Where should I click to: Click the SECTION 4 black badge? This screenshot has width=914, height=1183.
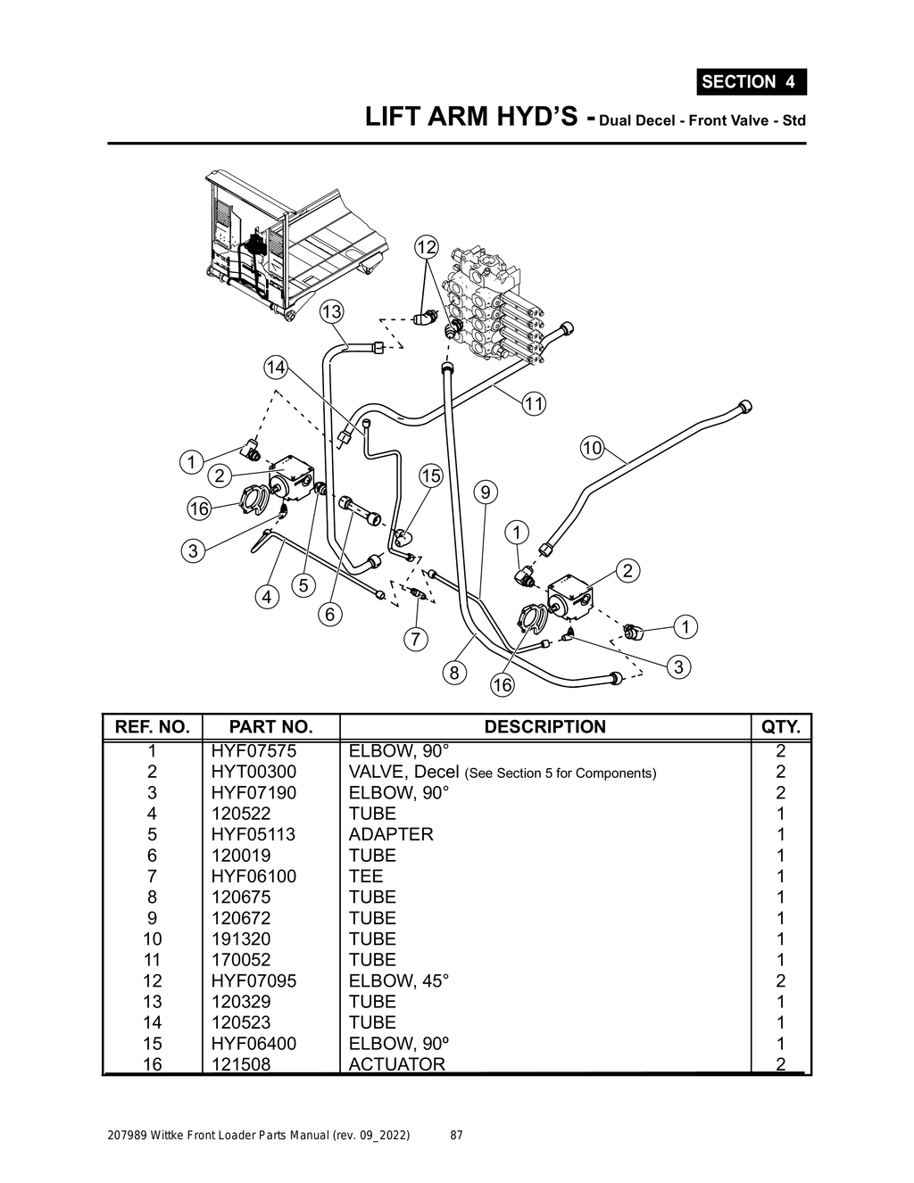click(x=751, y=81)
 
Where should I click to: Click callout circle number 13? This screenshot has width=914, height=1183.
click(x=331, y=311)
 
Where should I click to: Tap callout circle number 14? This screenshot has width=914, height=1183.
click(x=276, y=367)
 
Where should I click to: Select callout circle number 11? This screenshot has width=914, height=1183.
click(x=533, y=403)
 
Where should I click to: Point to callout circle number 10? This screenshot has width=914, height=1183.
click(x=592, y=447)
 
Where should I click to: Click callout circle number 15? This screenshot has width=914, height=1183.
click(x=430, y=476)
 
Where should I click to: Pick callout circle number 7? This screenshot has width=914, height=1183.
click(x=416, y=639)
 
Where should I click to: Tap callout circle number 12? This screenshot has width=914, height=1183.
click(x=427, y=246)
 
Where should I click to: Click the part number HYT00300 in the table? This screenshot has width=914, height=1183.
click(x=253, y=772)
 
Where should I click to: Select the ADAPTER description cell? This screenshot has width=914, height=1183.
click(x=391, y=834)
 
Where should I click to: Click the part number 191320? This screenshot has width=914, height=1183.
click(x=240, y=939)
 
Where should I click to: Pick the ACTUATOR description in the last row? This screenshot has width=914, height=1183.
click(x=396, y=1063)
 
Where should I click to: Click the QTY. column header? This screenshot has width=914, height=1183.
click(x=781, y=726)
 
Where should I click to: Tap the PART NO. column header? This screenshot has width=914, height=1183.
click(x=270, y=726)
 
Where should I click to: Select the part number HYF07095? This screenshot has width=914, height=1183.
click(x=253, y=980)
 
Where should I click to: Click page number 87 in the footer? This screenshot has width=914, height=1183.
click(x=456, y=1136)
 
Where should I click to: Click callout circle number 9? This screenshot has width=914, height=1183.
click(x=485, y=492)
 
